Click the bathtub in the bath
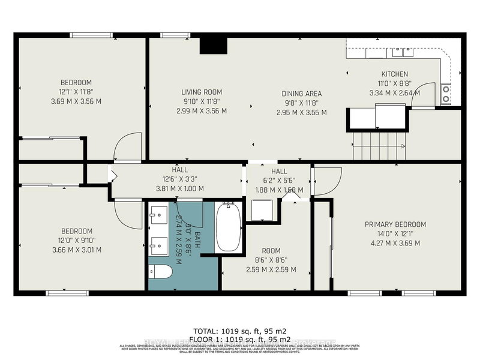pos(228,227)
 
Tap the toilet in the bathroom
pos(160,272)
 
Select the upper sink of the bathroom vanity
pos(160,213)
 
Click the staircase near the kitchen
pos(379,146)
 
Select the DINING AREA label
pos(302,94)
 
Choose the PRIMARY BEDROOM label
pos(395,224)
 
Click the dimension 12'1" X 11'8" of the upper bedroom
pos(76,92)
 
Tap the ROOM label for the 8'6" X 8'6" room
pos(271,251)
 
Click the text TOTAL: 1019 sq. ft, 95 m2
pos(240,331)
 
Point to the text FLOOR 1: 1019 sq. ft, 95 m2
pos(240,340)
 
